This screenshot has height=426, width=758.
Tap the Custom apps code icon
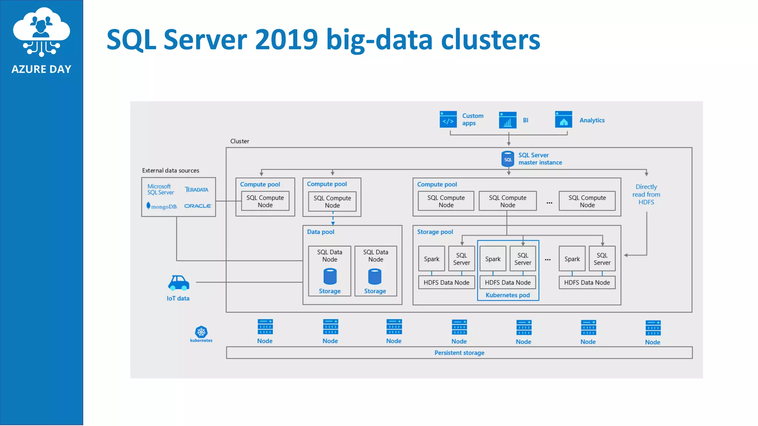pos(448,119)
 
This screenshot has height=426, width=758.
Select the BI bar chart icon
pos(507,120)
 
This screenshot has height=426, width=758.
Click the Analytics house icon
pos(563,119)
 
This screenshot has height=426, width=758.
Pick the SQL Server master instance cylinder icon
pos(507,159)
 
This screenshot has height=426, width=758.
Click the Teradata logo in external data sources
pos(197,190)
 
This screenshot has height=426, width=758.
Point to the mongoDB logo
pos(162,206)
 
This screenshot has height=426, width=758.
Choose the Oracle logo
pos(198,206)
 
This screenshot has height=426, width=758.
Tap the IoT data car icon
pos(178,283)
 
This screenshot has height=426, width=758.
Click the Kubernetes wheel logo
pos(201,332)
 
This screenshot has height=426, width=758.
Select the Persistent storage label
pos(459,353)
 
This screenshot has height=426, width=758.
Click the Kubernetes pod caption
pos(507,295)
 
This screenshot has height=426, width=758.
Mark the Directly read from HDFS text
pos(646,195)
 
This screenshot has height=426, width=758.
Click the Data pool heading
pos(321,232)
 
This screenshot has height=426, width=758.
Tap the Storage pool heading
pos(435,232)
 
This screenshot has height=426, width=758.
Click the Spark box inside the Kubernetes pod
pos(493,259)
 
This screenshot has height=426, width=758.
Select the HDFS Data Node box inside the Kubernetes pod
pos(507,283)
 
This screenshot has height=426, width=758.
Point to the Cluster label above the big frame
pos(239,141)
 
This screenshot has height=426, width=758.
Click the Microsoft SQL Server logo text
pos(160,189)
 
